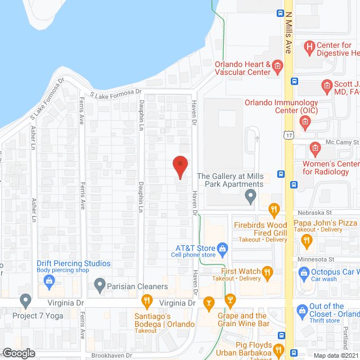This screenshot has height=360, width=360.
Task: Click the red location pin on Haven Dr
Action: click(179, 167)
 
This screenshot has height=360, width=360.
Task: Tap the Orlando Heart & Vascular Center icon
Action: click(277, 68)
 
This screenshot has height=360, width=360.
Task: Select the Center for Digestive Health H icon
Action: click(309, 47)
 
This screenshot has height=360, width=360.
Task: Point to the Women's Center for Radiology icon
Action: click(315, 150)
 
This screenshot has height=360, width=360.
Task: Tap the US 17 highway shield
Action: click(289, 136)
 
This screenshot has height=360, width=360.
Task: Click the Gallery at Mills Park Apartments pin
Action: click(251, 197)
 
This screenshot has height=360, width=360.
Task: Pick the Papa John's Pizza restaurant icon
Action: click(307, 241)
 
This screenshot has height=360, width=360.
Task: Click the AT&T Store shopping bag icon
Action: click(222, 248)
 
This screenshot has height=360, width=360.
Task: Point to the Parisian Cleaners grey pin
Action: click(100, 286)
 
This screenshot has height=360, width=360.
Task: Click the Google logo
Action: click(19, 353)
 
